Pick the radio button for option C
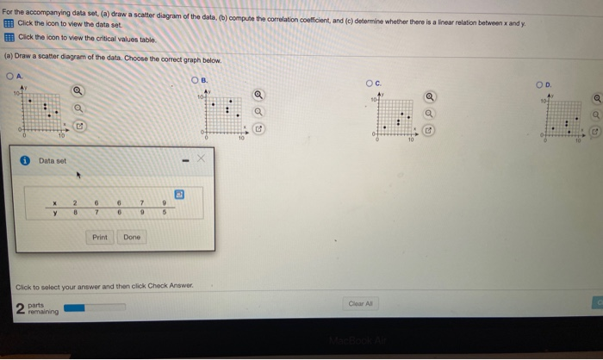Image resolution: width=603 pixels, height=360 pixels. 365,84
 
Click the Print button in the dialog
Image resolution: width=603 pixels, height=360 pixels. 100,237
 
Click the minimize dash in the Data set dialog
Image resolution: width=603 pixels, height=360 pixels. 183,159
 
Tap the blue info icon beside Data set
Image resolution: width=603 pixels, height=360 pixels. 26,160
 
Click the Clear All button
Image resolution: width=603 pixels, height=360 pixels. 360,302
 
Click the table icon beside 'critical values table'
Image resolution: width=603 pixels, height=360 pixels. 9,38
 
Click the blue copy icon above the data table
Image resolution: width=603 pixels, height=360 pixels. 180,195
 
